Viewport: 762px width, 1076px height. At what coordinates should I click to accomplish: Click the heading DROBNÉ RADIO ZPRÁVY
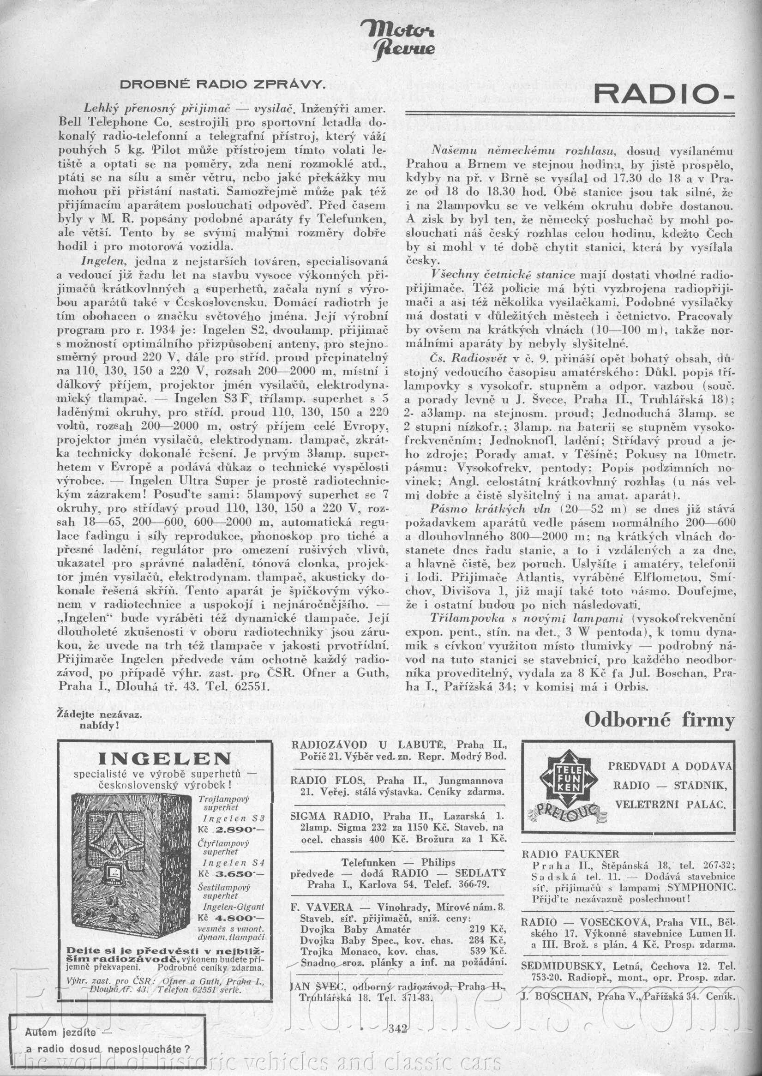(x=222, y=85)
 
